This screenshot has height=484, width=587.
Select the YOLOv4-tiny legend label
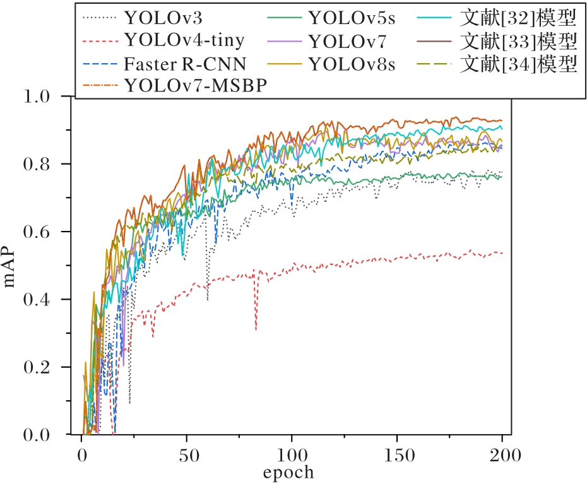pos(184,42)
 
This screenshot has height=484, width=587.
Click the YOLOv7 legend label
pos(349,42)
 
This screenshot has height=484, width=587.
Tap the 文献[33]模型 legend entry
pos(518,42)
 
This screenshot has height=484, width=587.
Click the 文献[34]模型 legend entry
pos(518,64)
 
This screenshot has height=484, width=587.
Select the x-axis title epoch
pos(288,472)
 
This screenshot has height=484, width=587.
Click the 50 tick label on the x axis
pos(187,454)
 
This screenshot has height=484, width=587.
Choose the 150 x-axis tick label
pos(397,454)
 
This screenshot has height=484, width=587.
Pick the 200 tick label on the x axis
pos(502,454)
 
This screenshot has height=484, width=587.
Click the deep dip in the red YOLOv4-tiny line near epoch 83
pos(256,329)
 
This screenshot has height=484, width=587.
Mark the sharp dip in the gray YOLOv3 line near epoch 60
pos(208,299)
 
